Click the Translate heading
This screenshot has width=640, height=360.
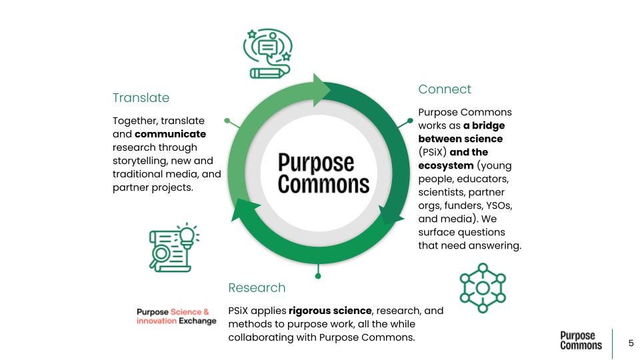tap(141, 98)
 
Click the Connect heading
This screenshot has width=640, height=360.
tap(445, 89)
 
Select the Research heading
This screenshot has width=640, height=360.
tap(257, 288)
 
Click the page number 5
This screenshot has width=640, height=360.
tap(631, 343)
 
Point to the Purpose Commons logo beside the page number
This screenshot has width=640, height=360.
tap(581, 341)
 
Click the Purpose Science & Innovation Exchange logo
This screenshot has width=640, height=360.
tap(176, 316)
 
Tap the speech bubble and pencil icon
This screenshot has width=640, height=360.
tap(268, 53)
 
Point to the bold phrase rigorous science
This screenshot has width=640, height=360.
tap(329, 311)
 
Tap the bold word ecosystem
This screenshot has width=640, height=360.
tap(446, 165)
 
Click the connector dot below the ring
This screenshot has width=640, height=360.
tap(318, 275)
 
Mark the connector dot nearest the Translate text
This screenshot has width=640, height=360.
tap(227, 121)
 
